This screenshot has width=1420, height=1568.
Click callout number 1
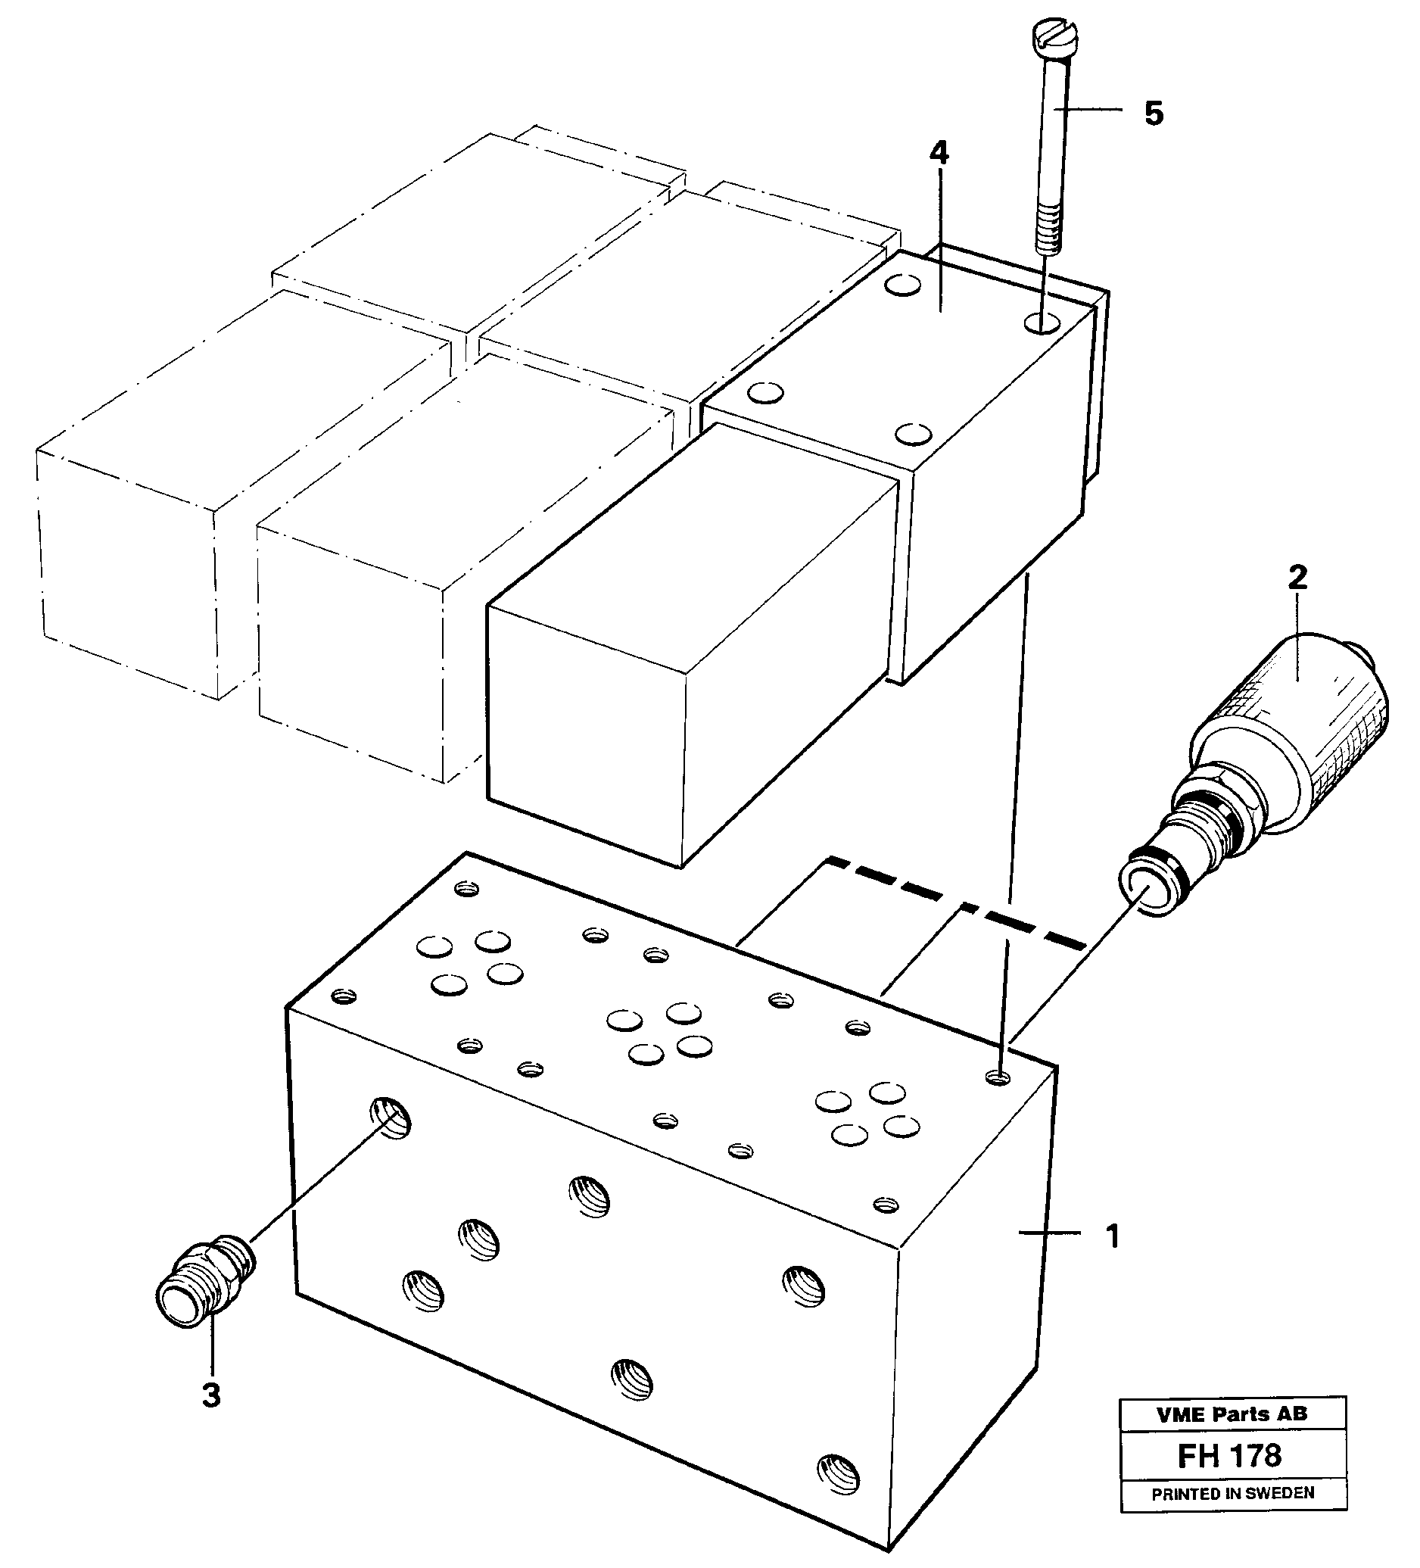click(1113, 1236)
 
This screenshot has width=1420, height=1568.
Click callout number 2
click(1297, 577)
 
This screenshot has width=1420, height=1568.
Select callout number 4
click(939, 153)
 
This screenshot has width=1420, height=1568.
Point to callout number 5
click(1154, 114)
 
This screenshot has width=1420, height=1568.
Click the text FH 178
click(1228, 1455)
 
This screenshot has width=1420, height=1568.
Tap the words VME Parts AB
click(1232, 1415)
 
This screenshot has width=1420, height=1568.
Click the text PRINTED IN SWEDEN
click(1232, 1493)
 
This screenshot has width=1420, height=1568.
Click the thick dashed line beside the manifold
click(957, 903)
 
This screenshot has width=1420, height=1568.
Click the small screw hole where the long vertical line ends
click(998, 1077)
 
